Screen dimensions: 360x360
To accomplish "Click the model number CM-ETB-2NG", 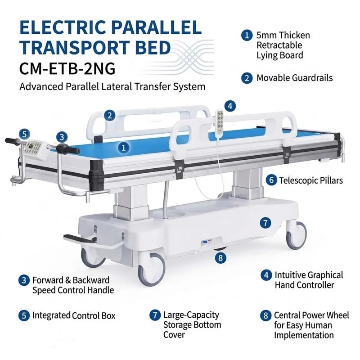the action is click(67, 68).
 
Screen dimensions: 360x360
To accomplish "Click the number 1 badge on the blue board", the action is click(124, 148).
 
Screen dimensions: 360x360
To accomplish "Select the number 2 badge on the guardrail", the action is click(109, 115).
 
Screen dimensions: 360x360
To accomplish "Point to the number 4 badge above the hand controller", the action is click(230, 106).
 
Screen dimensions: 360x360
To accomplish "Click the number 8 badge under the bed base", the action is click(220, 257).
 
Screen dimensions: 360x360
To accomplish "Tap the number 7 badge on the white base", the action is click(265, 223).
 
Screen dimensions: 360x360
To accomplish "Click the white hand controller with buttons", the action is click(220, 121).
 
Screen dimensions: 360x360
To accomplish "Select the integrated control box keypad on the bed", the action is click(33, 148).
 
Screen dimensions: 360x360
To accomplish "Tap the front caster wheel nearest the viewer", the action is click(152, 269).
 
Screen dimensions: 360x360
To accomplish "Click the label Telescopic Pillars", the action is click(311, 180).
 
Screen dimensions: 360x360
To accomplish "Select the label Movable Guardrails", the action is click(295, 78).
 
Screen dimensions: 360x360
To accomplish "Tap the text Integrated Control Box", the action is click(74, 315).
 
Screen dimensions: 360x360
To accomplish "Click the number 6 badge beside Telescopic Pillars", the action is click(271, 180).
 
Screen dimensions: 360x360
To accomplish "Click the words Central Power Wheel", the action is click(311, 315).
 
